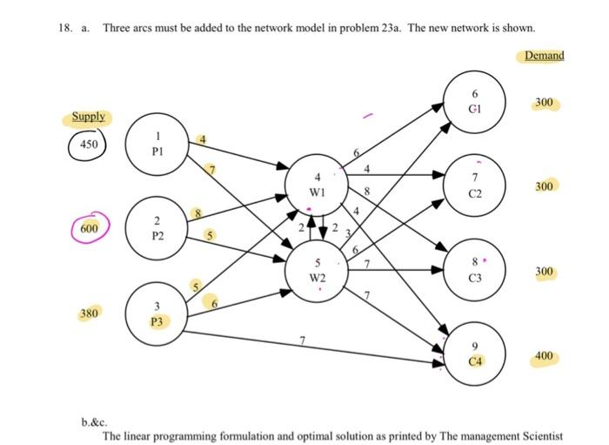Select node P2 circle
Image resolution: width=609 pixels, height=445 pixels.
point(157,228)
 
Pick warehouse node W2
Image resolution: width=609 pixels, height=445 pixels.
point(318,271)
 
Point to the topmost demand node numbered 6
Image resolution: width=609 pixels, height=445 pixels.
point(474,103)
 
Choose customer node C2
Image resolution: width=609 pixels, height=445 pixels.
point(474,186)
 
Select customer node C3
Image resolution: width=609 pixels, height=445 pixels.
point(474,271)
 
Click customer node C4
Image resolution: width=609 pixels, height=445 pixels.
point(474,354)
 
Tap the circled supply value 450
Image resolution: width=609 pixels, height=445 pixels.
point(89,144)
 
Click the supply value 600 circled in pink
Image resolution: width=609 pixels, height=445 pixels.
point(89,227)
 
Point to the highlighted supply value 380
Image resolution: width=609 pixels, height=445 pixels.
point(90,312)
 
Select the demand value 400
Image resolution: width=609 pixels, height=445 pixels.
point(544,357)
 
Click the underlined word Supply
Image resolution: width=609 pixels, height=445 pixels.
point(89,117)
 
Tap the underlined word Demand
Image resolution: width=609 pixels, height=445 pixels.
point(544,56)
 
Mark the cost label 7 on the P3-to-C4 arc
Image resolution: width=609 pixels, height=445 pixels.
point(302,337)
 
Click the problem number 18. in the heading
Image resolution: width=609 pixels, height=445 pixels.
point(64,28)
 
